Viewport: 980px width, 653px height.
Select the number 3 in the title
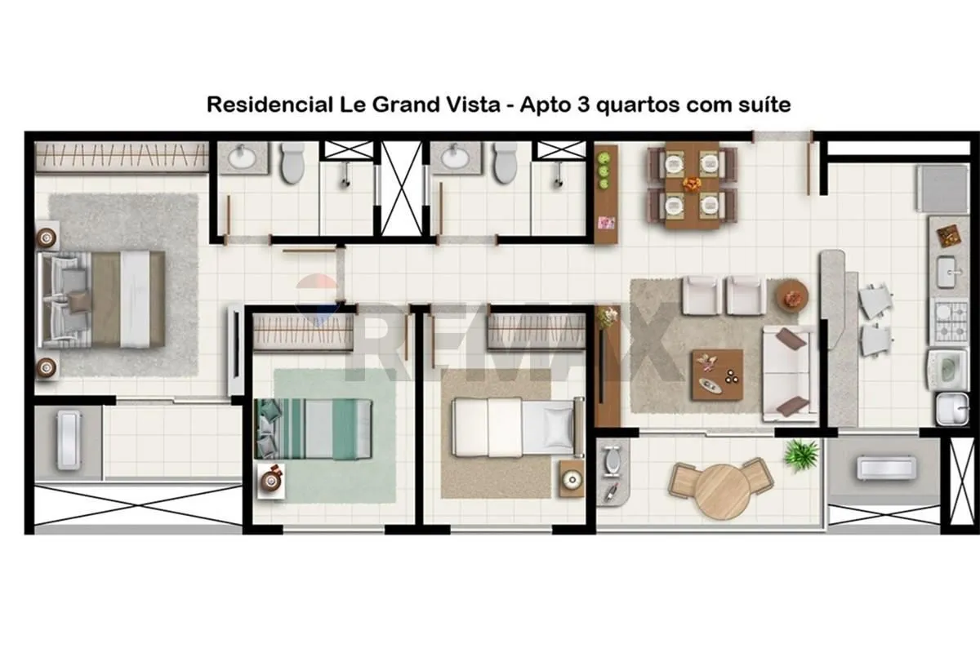coord(584,104)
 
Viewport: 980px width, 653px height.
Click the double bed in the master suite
coord(101,300)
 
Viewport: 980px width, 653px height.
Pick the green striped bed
coord(314,429)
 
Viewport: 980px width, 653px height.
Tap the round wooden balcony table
coord(722,491)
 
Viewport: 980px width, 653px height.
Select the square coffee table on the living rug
coord(717,375)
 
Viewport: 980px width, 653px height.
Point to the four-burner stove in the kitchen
coord(951,322)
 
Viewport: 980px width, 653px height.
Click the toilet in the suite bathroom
coord(292,162)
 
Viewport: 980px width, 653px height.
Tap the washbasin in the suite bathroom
coord(242,157)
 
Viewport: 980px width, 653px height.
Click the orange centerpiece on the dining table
coord(693,184)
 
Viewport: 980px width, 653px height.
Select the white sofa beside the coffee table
coord(789,374)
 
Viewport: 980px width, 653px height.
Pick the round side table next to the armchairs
coord(792,295)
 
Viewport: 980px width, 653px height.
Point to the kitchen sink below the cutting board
coord(951,272)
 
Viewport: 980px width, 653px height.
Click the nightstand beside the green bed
coord(271,481)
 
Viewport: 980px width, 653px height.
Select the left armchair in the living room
coord(700,295)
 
